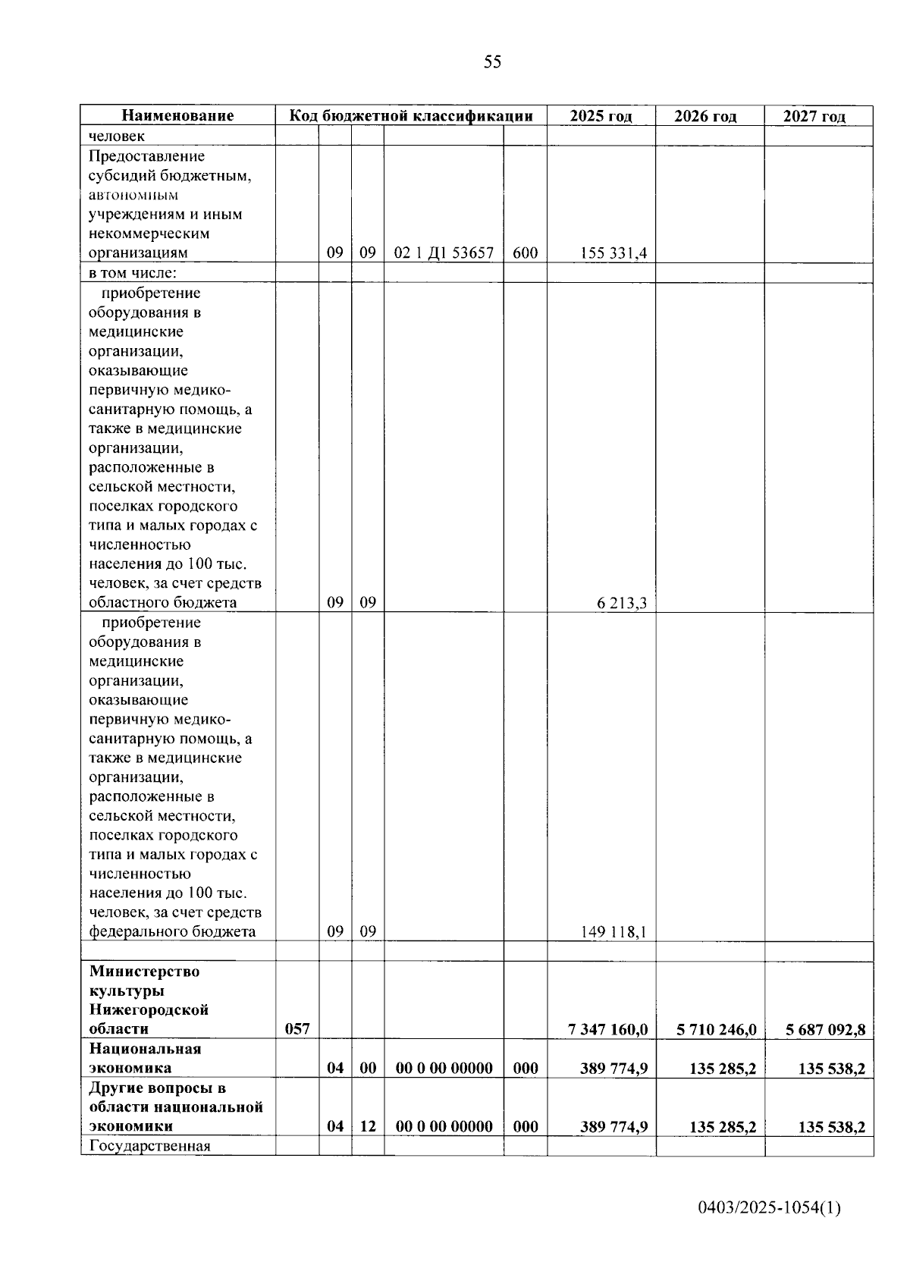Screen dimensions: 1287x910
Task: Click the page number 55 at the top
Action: [492, 62]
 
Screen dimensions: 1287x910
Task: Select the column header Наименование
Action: [177, 116]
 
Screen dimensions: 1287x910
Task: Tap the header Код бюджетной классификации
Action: [410, 116]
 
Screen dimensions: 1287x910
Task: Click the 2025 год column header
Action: [601, 116]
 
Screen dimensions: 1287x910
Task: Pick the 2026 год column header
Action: [705, 116]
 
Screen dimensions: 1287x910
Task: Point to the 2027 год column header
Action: [814, 116]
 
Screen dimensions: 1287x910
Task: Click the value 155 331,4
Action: [613, 253]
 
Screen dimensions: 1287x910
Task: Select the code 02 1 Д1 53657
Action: [444, 253]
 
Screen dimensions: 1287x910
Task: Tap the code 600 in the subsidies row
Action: [525, 253]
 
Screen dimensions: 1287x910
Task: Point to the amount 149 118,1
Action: [613, 932]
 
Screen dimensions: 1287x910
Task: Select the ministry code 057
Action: [297, 1029]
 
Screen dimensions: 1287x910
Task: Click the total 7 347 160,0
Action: [607, 1029]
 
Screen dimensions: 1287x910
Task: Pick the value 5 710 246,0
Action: [716, 1029]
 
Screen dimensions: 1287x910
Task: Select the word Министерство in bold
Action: [144, 972]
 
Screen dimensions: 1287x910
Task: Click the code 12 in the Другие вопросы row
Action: [367, 1126]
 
